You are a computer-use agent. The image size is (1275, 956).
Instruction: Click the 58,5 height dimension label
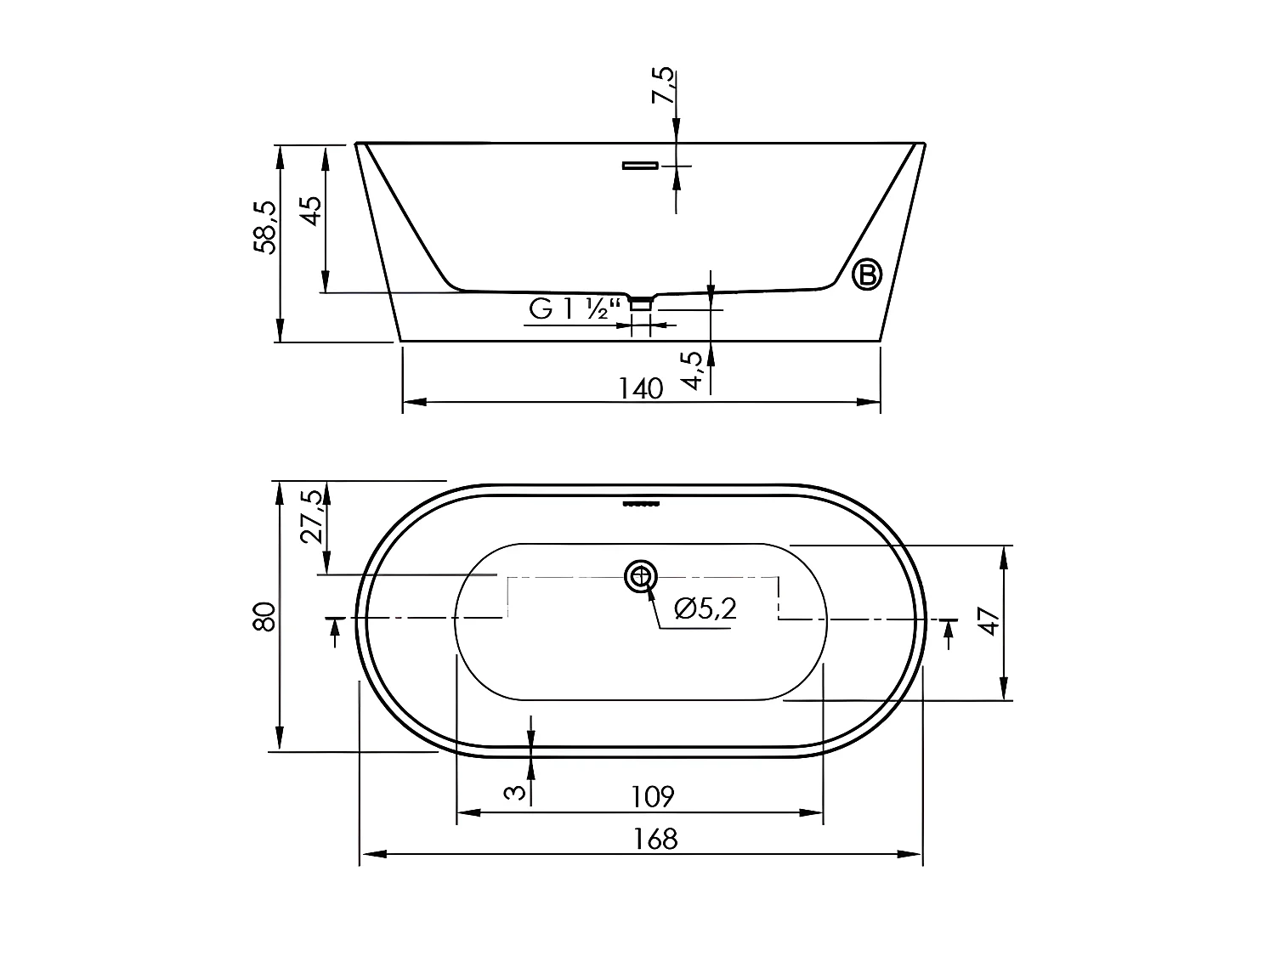pyautogui.click(x=264, y=228)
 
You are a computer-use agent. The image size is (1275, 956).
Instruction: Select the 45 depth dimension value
pyautogui.click(x=310, y=211)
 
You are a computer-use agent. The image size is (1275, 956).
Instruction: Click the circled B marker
pyautogui.click(x=867, y=274)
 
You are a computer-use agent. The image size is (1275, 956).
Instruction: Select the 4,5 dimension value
pyautogui.click(x=694, y=370)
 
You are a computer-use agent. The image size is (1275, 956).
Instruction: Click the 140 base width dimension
pyautogui.click(x=640, y=388)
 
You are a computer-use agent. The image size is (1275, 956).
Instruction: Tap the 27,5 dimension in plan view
pyautogui.click(x=312, y=516)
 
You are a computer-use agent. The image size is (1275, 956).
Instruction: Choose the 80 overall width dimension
pyautogui.click(x=264, y=616)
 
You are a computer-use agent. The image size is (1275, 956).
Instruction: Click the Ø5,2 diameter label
pyautogui.click(x=704, y=608)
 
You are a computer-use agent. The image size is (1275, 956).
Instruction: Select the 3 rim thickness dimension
pyautogui.click(x=513, y=793)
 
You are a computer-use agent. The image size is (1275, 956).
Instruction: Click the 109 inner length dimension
pyautogui.click(x=652, y=797)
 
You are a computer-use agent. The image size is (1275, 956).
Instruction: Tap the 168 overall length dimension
pyautogui.click(x=655, y=840)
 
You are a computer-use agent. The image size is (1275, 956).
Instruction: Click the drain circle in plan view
pyautogui.click(x=641, y=577)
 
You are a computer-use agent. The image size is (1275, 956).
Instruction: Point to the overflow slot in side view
pyautogui.click(x=640, y=165)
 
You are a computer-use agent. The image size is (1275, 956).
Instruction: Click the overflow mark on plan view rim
pyautogui.click(x=641, y=503)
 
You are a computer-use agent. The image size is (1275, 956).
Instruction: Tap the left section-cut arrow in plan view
pyautogui.click(x=334, y=626)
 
